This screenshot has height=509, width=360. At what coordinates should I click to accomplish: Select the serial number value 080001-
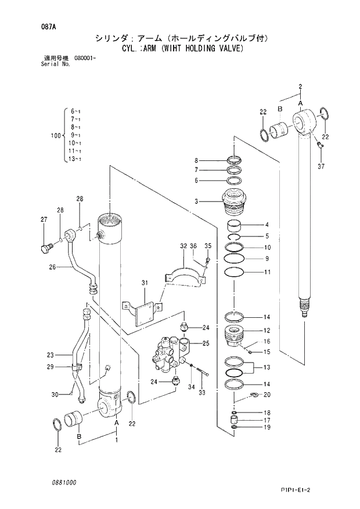click(85, 59)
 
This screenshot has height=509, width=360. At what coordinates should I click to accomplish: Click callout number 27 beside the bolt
click(44, 219)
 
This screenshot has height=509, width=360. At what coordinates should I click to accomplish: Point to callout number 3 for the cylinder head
click(196, 202)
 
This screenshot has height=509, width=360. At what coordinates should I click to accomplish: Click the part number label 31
click(145, 283)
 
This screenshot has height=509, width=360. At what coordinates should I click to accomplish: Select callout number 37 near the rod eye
click(321, 167)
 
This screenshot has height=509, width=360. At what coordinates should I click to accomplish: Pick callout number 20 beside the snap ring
click(267, 395)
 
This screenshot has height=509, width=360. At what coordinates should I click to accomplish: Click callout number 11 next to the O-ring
click(267, 273)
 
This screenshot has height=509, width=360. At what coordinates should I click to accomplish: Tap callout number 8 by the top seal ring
click(196, 160)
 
